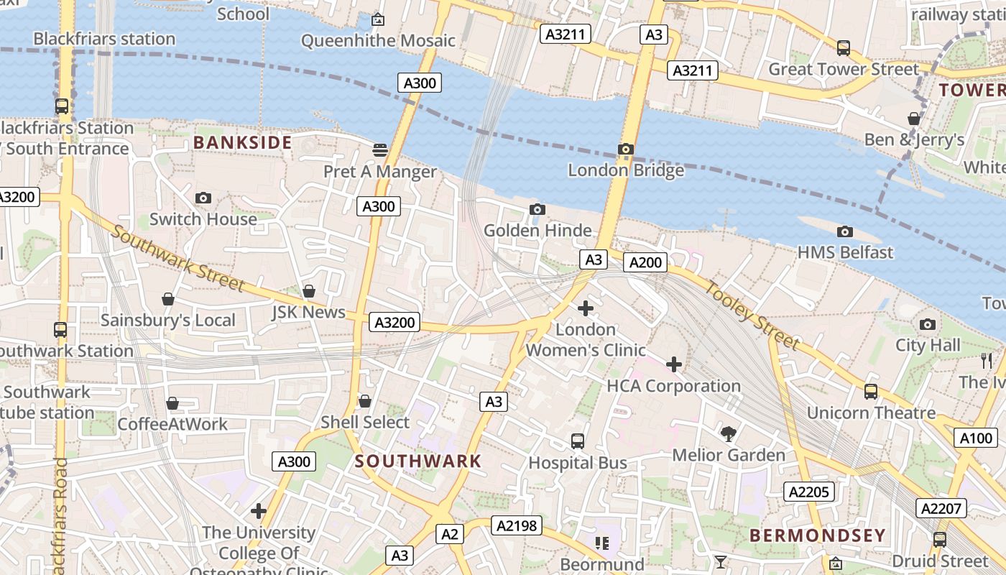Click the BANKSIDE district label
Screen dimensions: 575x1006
tap(242, 142)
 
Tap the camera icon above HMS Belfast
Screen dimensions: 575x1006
tap(845, 231)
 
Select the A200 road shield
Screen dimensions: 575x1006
tap(645, 263)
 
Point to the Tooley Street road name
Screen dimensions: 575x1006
tap(752, 314)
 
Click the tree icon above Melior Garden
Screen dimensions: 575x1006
tap(728, 433)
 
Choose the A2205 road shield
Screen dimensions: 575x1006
tap(809, 492)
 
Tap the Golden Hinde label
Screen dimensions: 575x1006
tap(537, 231)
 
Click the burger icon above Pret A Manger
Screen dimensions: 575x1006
tap(380, 150)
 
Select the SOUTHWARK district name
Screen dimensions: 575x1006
tap(418, 461)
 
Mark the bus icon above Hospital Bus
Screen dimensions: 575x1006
tap(578, 441)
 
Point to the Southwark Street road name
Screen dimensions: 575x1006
tap(177, 259)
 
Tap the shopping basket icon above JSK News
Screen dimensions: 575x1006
tap(309, 291)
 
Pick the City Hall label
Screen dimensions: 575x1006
tap(928, 345)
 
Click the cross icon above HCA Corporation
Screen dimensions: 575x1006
tap(673, 364)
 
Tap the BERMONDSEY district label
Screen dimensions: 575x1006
tap(817, 535)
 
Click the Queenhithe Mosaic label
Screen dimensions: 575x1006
tap(378, 40)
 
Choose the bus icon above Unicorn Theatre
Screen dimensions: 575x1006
tap(871, 392)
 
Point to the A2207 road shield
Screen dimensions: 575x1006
tap(941, 509)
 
